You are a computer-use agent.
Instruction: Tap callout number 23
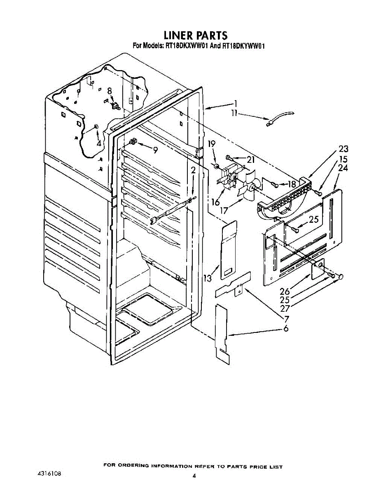coord(343,149)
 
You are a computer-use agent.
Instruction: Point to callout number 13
coord(208,278)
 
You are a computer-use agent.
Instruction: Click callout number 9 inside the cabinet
coord(155,150)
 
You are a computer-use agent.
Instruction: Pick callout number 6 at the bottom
coord(286,328)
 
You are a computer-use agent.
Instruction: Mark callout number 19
coord(211,144)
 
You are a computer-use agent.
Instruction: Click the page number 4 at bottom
coord(194,476)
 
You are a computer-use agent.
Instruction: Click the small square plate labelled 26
coord(318,268)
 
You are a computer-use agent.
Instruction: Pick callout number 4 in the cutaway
coord(99,144)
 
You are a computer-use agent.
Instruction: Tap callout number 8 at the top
coord(109,91)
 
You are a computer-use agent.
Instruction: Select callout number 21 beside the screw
coord(251,160)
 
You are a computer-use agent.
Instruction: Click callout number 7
coord(286,318)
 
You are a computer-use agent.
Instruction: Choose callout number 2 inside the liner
coord(193,170)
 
